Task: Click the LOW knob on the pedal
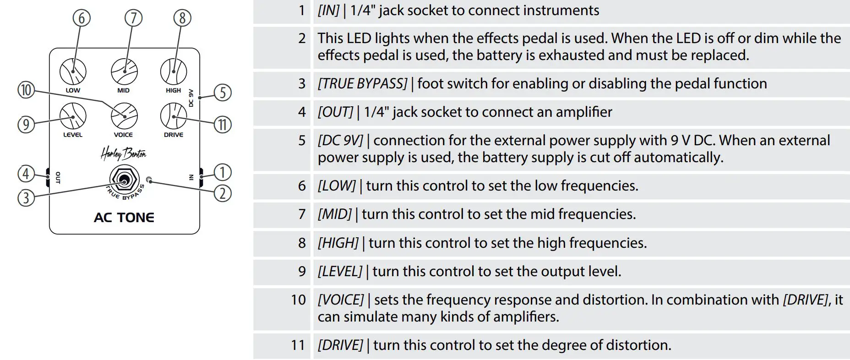73,72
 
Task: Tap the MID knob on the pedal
124,72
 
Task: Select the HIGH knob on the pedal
174,72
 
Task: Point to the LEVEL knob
73,116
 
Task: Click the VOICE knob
124,116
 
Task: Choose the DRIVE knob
174,116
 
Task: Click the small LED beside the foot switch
148,180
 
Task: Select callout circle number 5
223,93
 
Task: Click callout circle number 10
26,90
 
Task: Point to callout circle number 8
182,18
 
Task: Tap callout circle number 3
26,198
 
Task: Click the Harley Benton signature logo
123,153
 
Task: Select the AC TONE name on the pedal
124,218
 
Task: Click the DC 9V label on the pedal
191,98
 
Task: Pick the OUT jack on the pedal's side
48,178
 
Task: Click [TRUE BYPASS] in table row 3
362,84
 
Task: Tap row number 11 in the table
298,345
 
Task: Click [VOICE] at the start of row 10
341,300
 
